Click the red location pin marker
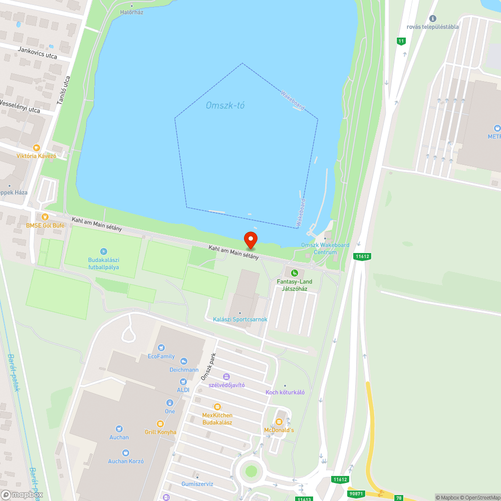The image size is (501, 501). (250, 239)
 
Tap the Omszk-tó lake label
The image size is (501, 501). (225, 106)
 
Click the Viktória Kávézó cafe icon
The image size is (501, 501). (36, 148)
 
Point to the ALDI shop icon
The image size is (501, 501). (183, 382)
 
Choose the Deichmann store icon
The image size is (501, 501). (183, 361)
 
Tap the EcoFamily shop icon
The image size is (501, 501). (161, 348)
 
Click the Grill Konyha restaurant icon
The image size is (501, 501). (160, 424)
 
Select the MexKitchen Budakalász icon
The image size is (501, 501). (217, 407)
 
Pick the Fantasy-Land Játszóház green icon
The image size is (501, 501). (295, 273)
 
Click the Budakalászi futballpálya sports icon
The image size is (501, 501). (103, 251)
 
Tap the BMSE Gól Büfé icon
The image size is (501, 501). (45, 217)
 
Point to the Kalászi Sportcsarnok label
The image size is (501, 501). (240, 319)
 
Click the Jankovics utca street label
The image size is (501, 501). (37, 53)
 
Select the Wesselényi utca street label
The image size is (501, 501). (20, 106)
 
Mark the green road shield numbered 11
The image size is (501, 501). (400, 41)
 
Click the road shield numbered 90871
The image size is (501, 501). (357, 493)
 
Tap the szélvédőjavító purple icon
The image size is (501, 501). (226, 376)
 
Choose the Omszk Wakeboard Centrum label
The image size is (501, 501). (325, 248)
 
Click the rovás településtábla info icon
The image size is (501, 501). (433, 19)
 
